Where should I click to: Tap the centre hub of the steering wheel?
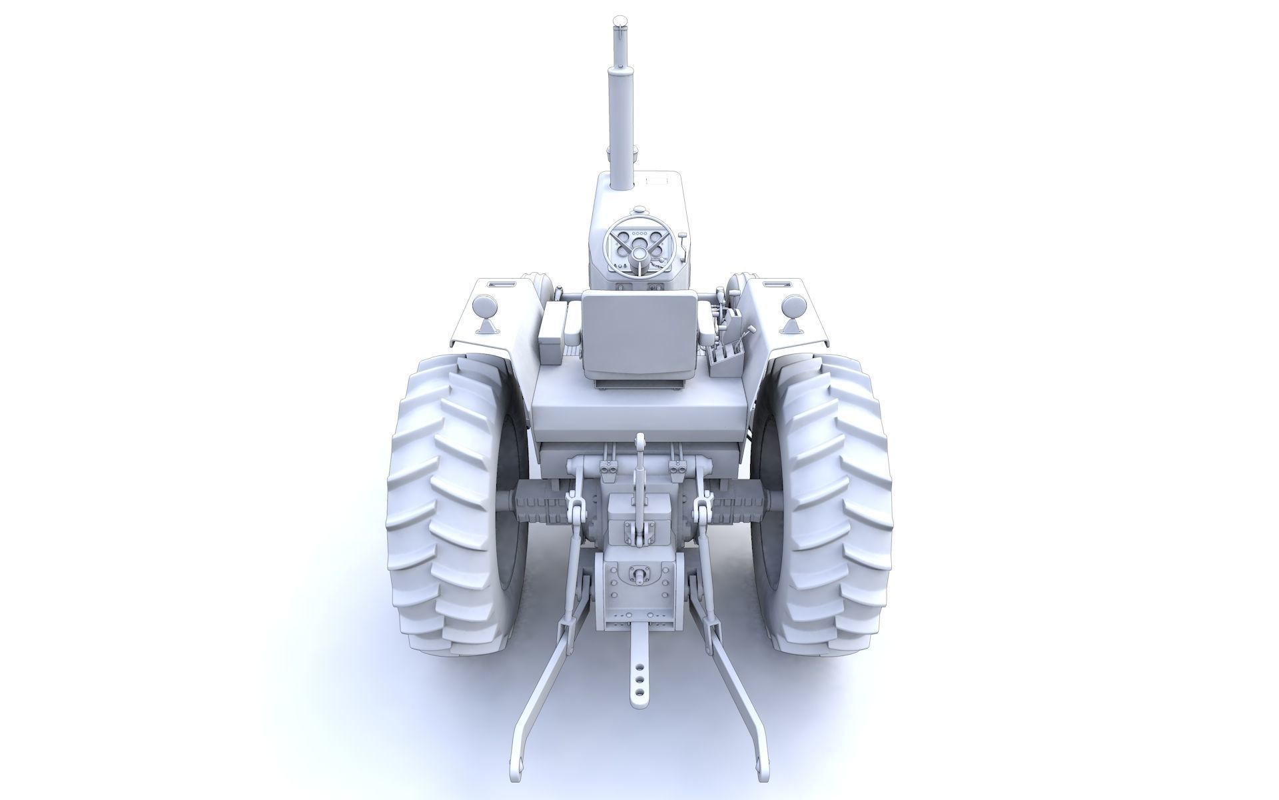click(639, 253)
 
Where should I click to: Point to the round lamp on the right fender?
click(793, 307)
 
